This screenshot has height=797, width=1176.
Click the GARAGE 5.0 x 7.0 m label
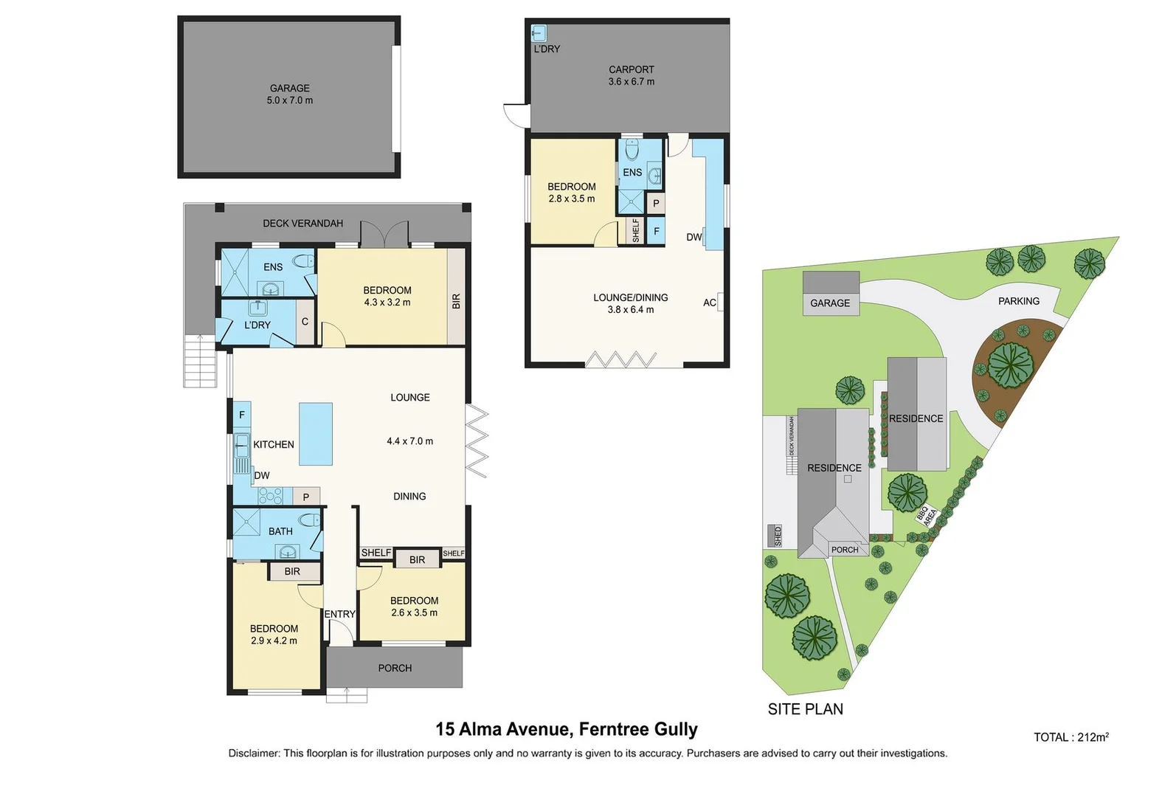pos(289,94)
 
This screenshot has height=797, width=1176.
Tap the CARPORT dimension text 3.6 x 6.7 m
pos(631,82)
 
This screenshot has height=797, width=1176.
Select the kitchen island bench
pos(315,434)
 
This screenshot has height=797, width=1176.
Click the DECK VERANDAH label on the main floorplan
pos(302,223)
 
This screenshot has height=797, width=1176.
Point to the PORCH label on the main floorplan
pos(395,668)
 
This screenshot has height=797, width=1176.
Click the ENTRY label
pos(339,614)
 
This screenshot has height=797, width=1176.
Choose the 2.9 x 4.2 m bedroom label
pos(274,635)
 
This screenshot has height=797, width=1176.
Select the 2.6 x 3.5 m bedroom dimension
pos(414,613)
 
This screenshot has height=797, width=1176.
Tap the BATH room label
pos(280,531)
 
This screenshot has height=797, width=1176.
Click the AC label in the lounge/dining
pos(710,303)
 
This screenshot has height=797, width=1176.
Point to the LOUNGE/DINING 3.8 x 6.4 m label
pos(630,303)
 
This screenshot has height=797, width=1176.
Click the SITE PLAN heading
pos(805,709)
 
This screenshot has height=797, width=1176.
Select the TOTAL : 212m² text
pos(1070,737)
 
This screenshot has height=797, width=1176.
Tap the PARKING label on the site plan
pos(1018,301)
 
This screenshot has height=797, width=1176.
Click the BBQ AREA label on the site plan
pos(927,514)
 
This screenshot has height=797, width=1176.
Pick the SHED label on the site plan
pos(778,536)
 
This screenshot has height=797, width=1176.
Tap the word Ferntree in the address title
pos(612,730)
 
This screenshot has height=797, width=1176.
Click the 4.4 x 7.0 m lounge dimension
pos(409,441)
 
